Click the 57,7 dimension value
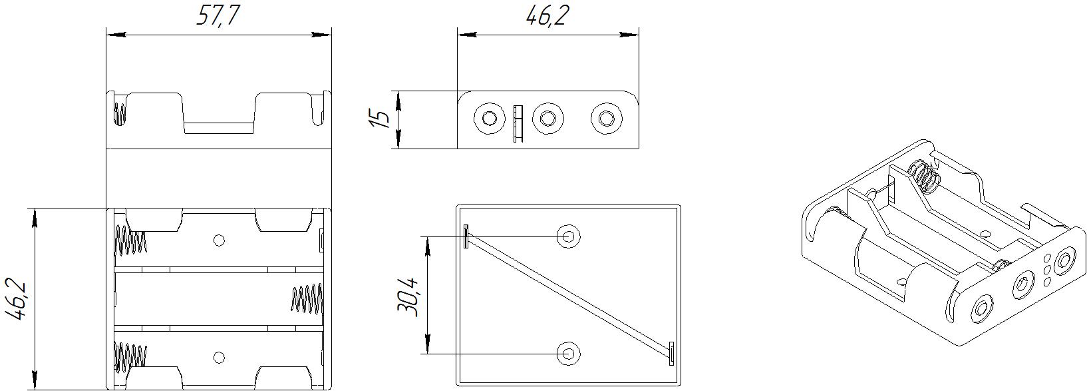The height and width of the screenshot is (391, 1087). [x=218, y=16]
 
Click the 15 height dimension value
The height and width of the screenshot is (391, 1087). [x=380, y=119]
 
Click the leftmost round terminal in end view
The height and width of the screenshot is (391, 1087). [x=490, y=119]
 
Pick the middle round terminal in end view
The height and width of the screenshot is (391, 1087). [x=547, y=119]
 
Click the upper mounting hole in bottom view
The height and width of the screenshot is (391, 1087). [x=569, y=236]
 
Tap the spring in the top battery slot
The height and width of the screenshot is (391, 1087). [x=131, y=240]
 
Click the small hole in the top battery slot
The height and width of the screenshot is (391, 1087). [x=219, y=240]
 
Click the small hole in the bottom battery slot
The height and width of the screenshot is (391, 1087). [x=219, y=358]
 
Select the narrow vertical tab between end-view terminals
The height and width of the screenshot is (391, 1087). [x=517, y=123]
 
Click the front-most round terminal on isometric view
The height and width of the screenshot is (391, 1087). [x=981, y=308]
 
